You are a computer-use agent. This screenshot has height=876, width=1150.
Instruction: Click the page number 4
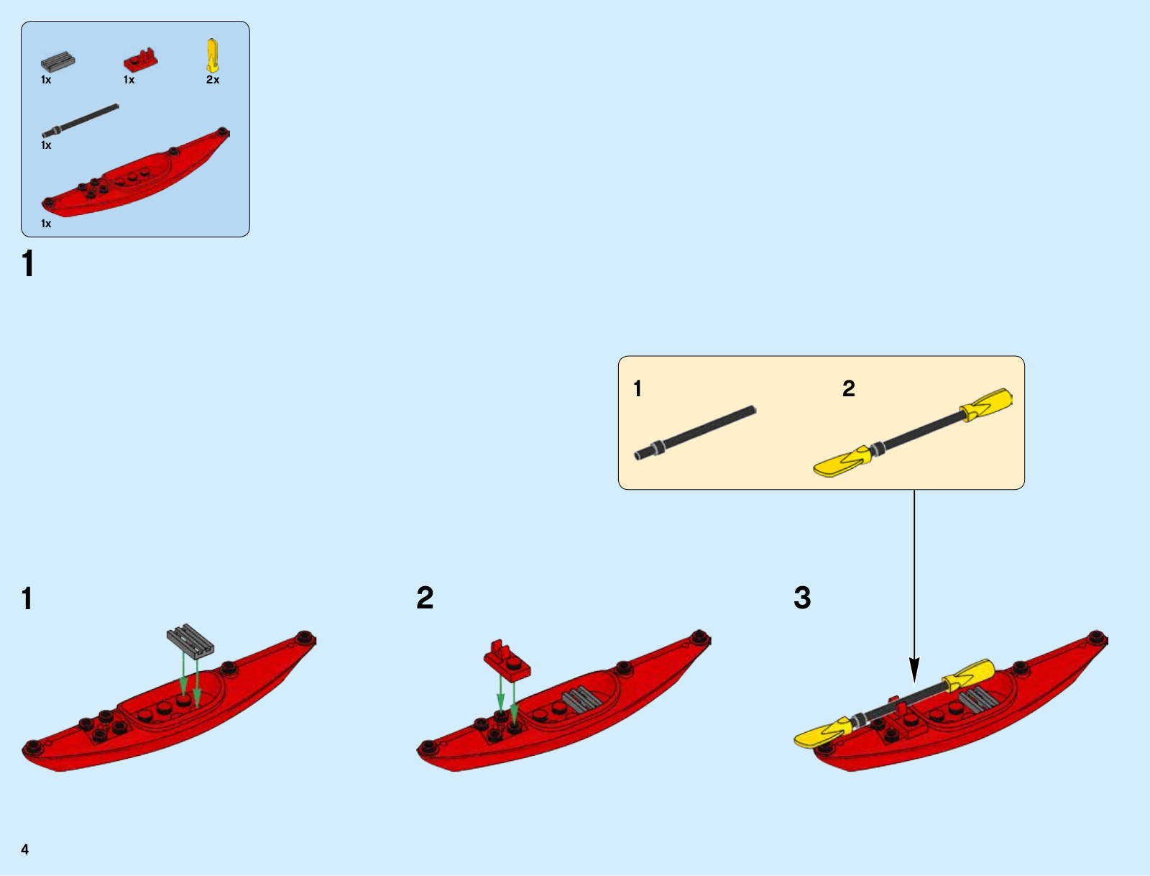25,849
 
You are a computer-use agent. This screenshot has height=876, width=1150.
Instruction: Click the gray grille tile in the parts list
57,62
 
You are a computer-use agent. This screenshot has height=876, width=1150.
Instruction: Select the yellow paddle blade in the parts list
212,55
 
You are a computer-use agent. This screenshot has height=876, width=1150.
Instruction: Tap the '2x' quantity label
213,80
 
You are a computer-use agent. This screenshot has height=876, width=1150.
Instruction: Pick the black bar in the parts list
80,120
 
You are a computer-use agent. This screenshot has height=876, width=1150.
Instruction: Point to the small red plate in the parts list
140,60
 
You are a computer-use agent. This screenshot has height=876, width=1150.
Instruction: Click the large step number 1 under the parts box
28,264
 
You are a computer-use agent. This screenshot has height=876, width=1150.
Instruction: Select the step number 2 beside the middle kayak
425,598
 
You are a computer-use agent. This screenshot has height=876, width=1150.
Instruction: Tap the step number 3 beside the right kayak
802,598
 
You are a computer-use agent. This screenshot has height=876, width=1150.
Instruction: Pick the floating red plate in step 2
507,660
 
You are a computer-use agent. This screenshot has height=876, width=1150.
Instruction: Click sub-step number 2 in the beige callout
849,389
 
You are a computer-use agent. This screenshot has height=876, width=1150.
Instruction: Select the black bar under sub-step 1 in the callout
694,432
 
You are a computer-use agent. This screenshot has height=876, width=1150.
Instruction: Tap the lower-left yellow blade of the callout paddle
841,462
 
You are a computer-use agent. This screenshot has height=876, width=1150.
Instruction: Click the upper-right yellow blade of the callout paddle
988,404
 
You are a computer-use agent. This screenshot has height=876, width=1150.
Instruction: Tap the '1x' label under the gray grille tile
46,80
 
